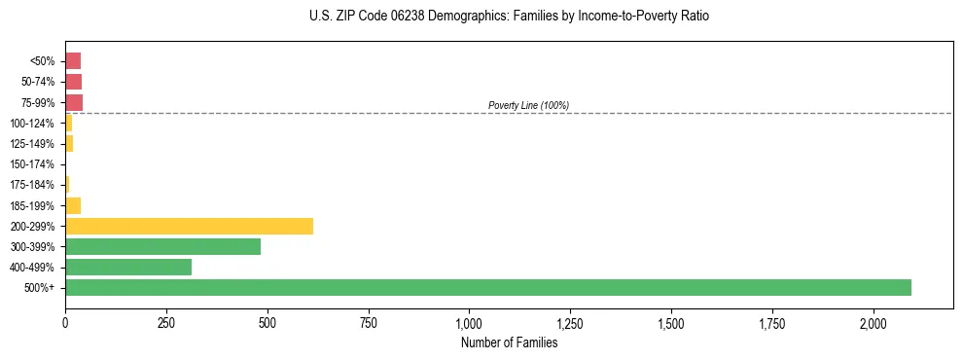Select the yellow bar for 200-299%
[189, 226]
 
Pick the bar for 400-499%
[128, 267]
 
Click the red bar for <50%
[73, 61]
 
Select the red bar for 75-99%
[74, 102]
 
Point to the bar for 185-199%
[73, 205]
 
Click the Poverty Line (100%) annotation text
[528, 105]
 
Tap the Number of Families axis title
[509, 342]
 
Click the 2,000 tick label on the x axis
[874, 323]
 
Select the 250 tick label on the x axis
[166, 323]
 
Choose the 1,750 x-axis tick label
[772, 323]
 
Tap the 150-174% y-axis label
[33, 164]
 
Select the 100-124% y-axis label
[33, 124]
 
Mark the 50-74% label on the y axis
[38, 82]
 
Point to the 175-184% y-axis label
[33, 185]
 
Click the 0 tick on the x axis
[65, 323]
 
